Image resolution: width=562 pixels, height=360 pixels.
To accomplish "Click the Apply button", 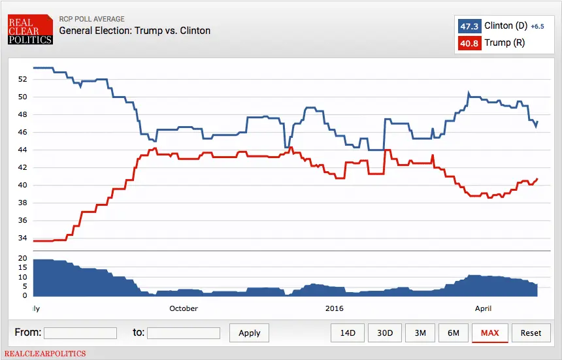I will pos(249,333).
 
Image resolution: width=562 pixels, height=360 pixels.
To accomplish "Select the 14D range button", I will pos(348,333).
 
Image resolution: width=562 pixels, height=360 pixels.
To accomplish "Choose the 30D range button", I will pos(385,333).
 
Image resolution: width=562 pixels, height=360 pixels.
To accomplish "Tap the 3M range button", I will pos(420,333).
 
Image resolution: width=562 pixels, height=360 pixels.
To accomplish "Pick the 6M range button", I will pos(454,333).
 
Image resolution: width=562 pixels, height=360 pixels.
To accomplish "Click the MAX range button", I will pos(489,333).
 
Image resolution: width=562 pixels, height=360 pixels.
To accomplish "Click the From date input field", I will pos(80,333).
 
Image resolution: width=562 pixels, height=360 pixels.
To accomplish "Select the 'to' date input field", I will pos(184,333).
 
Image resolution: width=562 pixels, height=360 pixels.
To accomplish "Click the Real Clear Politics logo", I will pos(30,31).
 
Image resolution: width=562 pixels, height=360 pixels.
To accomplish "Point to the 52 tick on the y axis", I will pos(23,79).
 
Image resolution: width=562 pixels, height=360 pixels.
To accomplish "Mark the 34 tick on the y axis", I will pos(23,238).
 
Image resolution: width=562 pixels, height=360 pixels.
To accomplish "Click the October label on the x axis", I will pos(183,308).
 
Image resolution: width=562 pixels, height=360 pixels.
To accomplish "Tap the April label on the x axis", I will pos(483,308).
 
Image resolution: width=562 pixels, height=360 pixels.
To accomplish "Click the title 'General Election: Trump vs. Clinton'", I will pos(135,31).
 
